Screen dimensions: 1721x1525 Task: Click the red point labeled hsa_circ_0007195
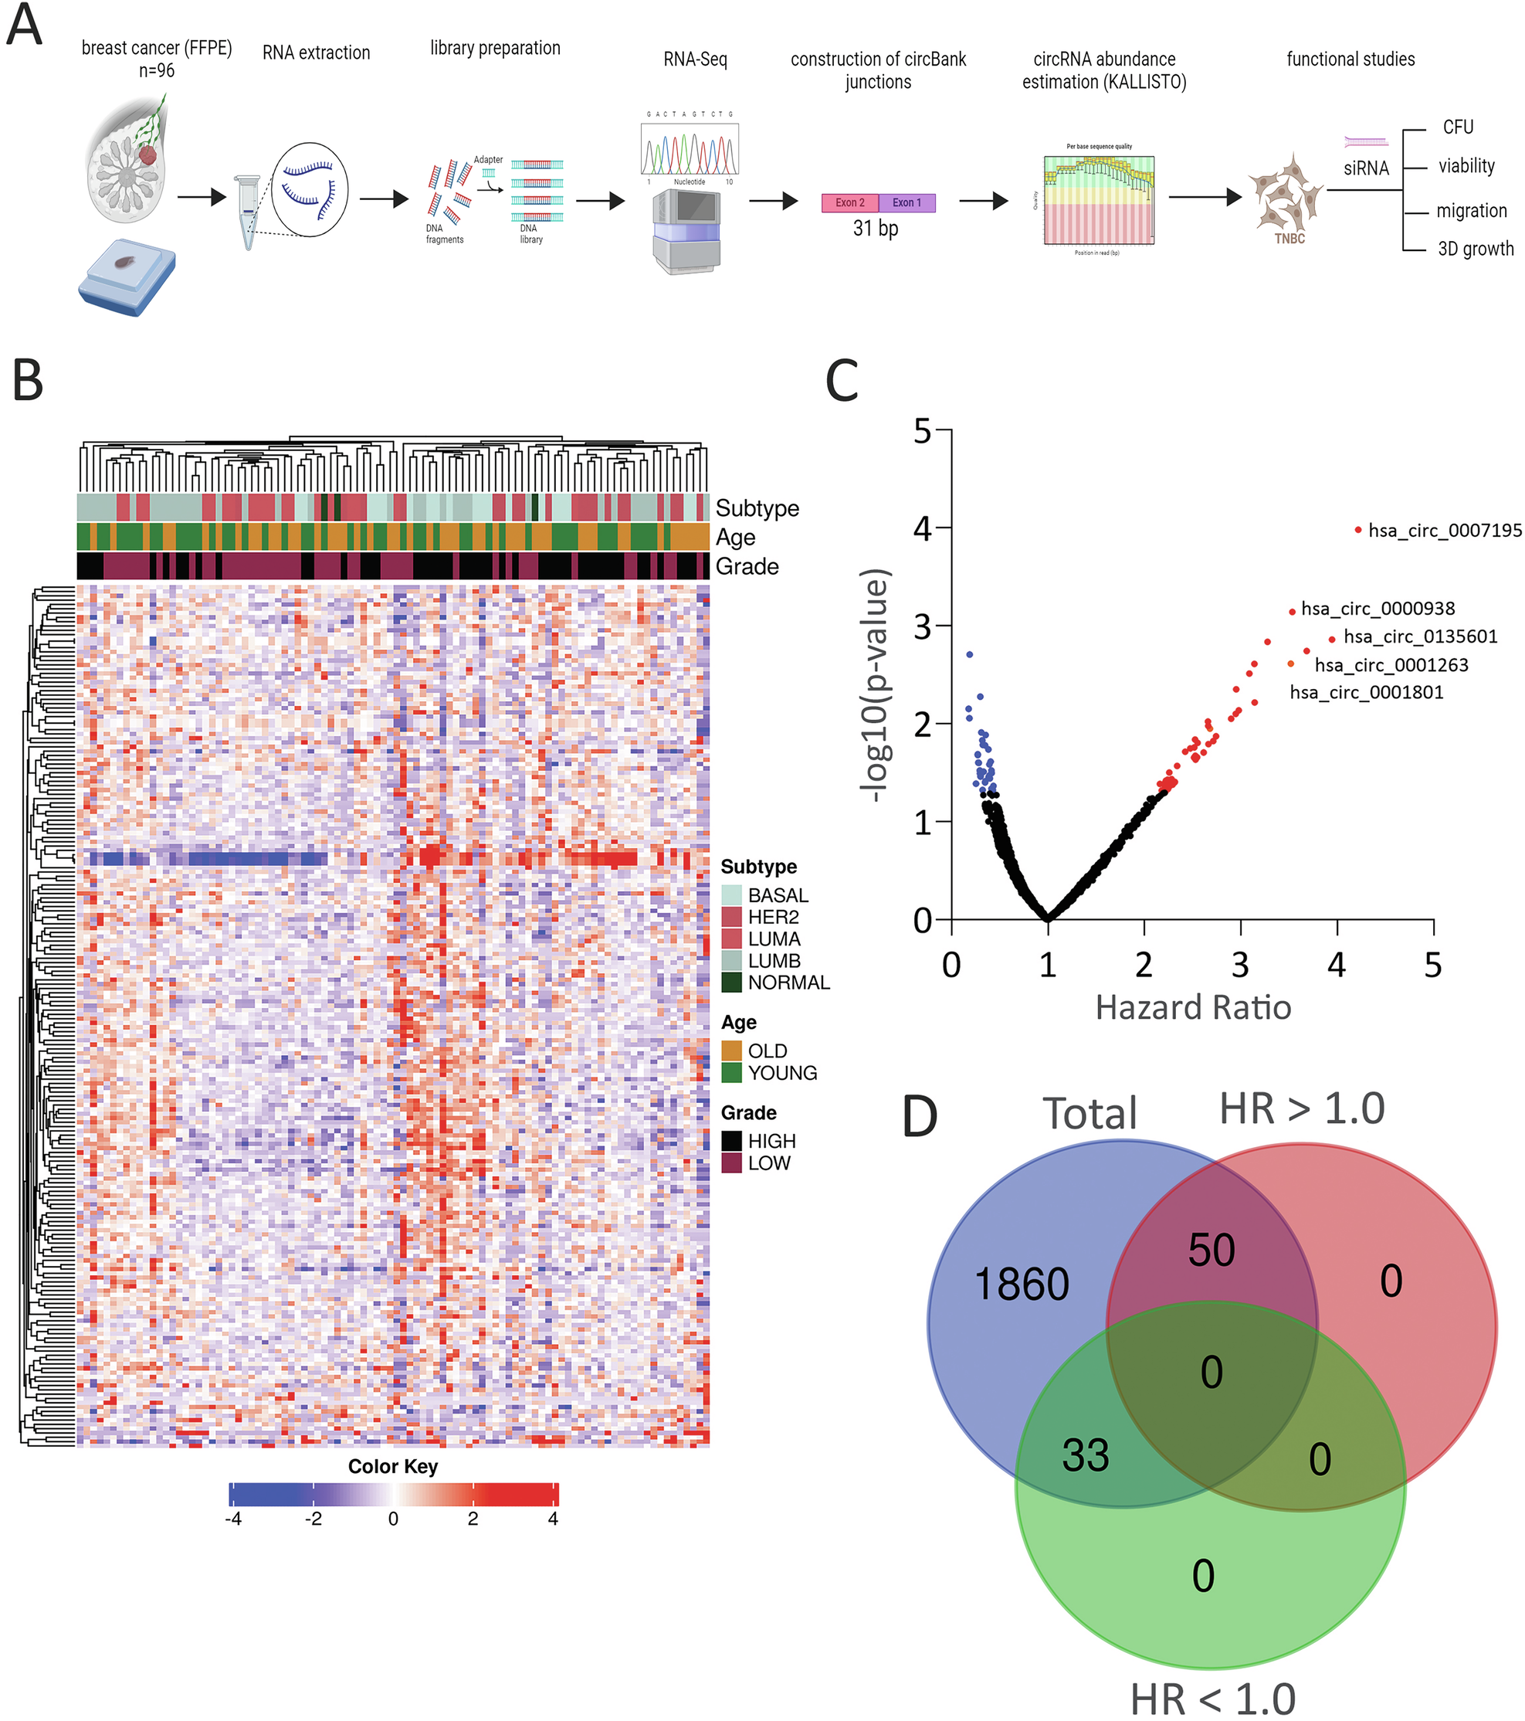pos(1358,530)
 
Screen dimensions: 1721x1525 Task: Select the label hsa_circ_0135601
pos(1421,636)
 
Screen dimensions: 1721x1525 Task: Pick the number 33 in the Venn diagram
pos(1085,1456)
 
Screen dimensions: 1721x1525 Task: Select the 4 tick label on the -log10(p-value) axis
pos(923,530)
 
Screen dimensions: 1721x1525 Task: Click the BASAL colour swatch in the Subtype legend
pos(731,895)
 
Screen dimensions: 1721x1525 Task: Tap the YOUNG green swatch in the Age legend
pos(731,1073)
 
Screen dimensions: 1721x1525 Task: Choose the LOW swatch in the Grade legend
pos(731,1163)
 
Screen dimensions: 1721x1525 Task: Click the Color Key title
pos(393,1466)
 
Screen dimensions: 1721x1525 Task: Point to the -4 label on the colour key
pos(233,1519)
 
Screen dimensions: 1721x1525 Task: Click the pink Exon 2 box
pos(849,203)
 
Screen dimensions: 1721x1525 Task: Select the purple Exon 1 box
pos(907,203)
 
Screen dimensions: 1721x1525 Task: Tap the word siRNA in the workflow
pos(1366,168)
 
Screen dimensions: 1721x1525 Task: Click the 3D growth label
pos(1476,249)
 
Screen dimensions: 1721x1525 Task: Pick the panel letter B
pos(28,381)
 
